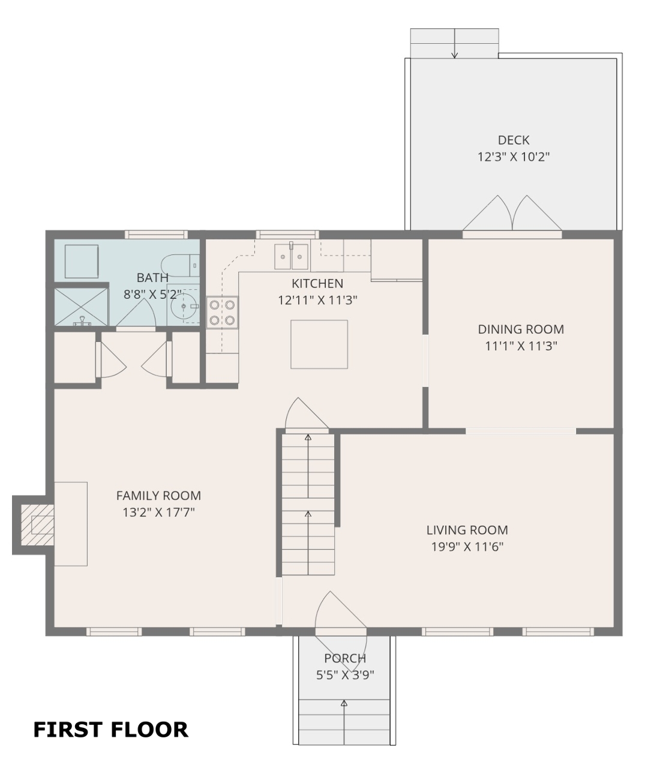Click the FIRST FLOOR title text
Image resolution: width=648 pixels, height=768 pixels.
coord(110,730)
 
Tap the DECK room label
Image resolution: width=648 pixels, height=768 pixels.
coord(514,140)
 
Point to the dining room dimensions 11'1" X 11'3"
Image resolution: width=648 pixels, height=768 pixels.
coord(521,346)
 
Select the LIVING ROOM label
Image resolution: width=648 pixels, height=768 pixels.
coord(467,530)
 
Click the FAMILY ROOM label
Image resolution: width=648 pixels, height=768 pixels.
coord(158,496)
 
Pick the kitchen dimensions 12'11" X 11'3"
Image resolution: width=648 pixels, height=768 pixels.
coord(317,301)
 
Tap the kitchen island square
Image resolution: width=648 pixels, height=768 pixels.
coord(319,344)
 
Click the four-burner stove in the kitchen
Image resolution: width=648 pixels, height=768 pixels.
coord(222,312)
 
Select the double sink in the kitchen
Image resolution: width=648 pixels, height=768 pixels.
coord(291,256)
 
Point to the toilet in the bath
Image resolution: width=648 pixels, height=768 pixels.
coord(180,265)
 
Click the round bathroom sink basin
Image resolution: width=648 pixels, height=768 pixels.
coord(183,306)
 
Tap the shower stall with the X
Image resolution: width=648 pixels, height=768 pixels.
coord(81,307)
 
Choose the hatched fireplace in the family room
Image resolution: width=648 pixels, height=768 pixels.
coord(38,525)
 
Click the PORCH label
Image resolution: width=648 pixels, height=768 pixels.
coord(345,658)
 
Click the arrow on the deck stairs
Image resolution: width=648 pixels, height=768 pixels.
coord(455,43)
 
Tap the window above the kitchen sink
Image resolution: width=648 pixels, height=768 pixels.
coord(287,234)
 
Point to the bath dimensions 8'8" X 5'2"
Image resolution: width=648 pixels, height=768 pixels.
coord(152,295)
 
